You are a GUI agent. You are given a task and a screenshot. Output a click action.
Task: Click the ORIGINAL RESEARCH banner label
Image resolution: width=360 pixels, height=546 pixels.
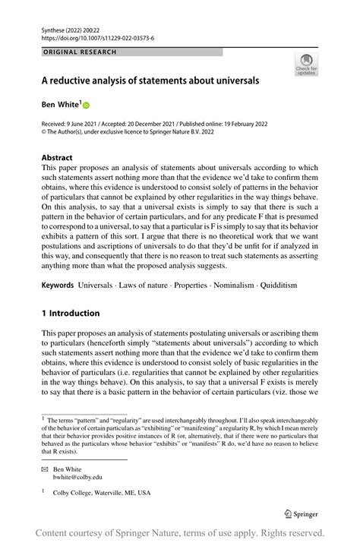click(80, 52)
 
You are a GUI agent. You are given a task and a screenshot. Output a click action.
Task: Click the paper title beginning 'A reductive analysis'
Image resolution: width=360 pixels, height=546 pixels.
click(150, 80)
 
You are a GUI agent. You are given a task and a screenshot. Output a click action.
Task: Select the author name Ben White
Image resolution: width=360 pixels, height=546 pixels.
click(60, 105)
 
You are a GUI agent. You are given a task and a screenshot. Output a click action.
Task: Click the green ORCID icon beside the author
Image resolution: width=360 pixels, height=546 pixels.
click(86, 106)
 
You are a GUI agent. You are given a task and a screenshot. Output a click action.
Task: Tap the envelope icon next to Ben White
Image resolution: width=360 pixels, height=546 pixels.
click(45, 469)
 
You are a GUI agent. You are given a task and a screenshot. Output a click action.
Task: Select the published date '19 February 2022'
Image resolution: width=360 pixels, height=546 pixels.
click(257, 122)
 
